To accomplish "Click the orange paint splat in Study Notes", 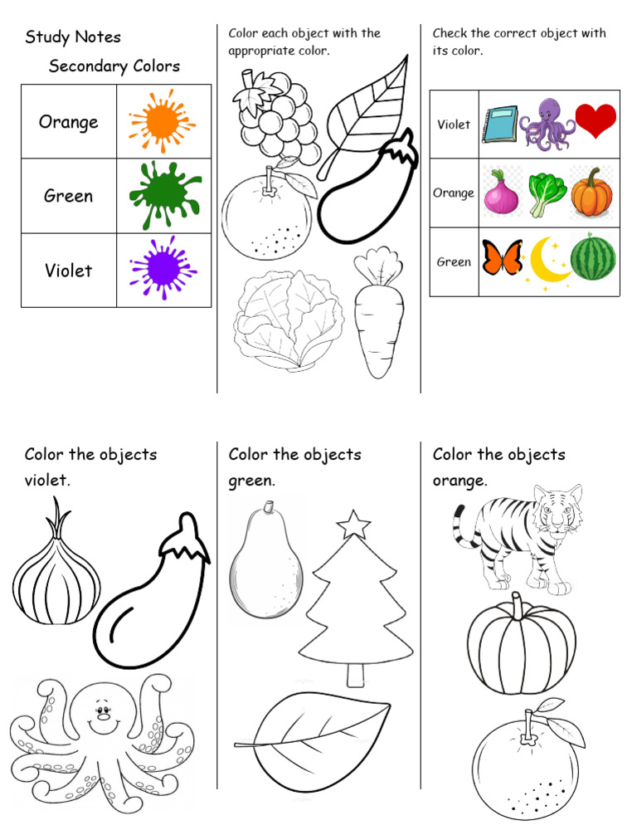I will pyautogui.click(x=161, y=121).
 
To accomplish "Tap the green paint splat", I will pyautogui.click(x=161, y=194).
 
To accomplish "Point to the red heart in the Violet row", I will pyautogui.click(x=596, y=121).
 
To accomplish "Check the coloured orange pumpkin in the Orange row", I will pyautogui.click(x=592, y=192).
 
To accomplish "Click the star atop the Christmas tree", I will pyautogui.click(x=354, y=524).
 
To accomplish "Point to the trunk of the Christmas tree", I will pyautogui.click(x=356, y=673).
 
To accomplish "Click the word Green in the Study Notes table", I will pyautogui.click(x=68, y=197).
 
